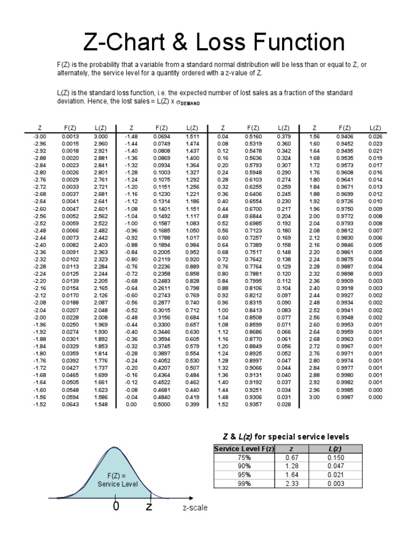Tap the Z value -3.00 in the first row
click(x=40, y=136)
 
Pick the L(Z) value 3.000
click(x=100, y=136)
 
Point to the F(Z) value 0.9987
click(x=345, y=397)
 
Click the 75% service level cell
click(x=243, y=458)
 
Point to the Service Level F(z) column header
click(x=243, y=449)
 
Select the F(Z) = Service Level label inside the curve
click(x=117, y=479)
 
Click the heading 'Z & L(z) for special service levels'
click(x=282, y=436)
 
